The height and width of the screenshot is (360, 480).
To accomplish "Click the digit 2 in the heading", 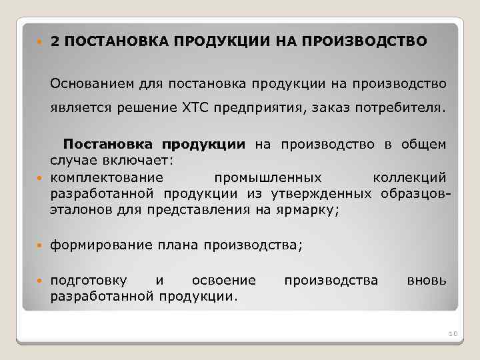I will click(54, 41).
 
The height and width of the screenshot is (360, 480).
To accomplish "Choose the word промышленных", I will click(269, 178).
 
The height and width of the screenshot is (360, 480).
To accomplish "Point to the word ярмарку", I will click(313, 210).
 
